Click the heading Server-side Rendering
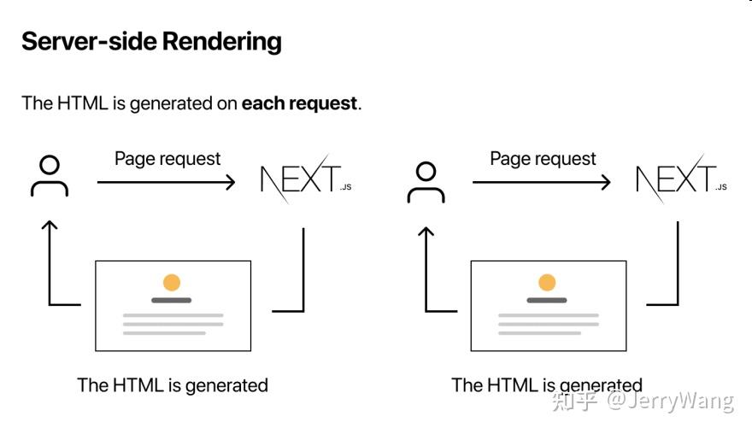[x=151, y=42]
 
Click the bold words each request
[x=299, y=103]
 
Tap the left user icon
[x=50, y=176]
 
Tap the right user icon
[x=426, y=182]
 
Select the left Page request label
[x=167, y=159]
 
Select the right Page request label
[x=543, y=159]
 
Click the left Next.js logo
[x=306, y=179]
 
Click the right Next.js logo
[x=681, y=179]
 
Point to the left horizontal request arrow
[x=166, y=182]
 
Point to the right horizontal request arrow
[x=542, y=182]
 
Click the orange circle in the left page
[x=172, y=283]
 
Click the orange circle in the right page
[x=547, y=283]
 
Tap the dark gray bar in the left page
[x=172, y=300]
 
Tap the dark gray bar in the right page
[x=547, y=300]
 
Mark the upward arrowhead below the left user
[x=50, y=225]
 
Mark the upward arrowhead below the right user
[x=426, y=232]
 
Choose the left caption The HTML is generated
[x=173, y=385]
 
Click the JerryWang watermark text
[x=671, y=401]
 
